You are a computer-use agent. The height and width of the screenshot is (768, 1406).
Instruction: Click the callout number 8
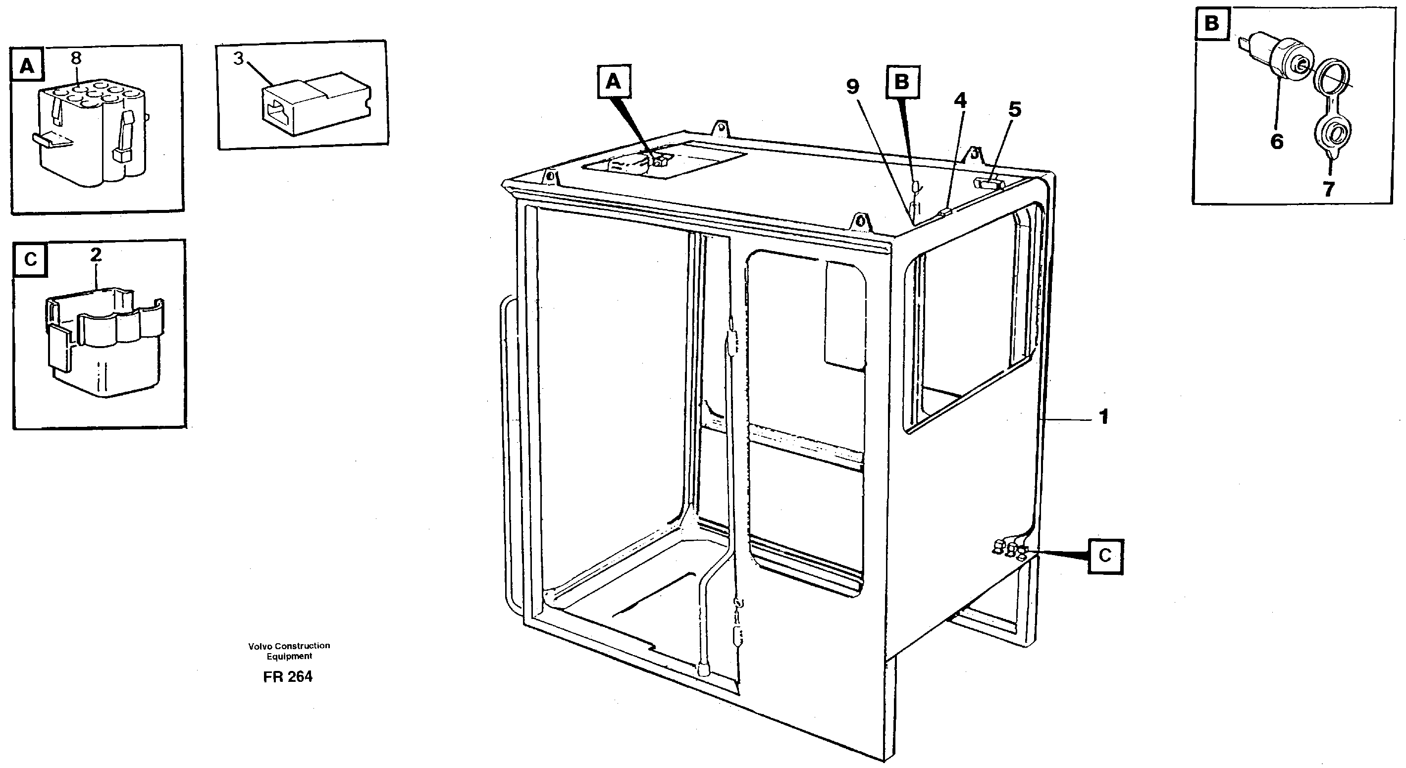[x=76, y=58]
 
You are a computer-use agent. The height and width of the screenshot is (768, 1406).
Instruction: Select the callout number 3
[x=238, y=58]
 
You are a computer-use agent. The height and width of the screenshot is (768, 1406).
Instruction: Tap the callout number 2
[x=96, y=255]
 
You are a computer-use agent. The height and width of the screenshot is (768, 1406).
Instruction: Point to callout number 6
[x=1277, y=142]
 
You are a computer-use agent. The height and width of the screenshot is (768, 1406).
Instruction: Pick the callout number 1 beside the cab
[x=1103, y=417]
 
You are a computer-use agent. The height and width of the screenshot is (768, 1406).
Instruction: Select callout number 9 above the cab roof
[x=852, y=86]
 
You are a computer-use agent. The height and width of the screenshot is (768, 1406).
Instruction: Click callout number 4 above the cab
[x=960, y=101]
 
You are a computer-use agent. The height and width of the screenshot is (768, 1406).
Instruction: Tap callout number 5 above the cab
[x=1014, y=110]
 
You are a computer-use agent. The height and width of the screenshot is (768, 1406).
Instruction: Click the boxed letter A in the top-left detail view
[x=27, y=66]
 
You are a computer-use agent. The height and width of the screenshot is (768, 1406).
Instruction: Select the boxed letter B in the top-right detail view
[x=1212, y=24]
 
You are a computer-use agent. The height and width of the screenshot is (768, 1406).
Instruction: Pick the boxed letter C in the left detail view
[x=31, y=259]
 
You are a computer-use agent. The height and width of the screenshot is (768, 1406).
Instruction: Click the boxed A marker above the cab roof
[x=614, y=82]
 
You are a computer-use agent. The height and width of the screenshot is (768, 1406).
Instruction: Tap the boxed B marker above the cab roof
[x=902, y=82]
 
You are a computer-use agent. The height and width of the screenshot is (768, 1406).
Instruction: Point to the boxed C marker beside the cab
[x=1105, y=556]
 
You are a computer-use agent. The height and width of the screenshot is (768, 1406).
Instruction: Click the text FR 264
[x=288, y=677]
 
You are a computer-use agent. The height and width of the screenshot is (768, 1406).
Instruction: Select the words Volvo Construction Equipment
[x=289, y=651]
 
